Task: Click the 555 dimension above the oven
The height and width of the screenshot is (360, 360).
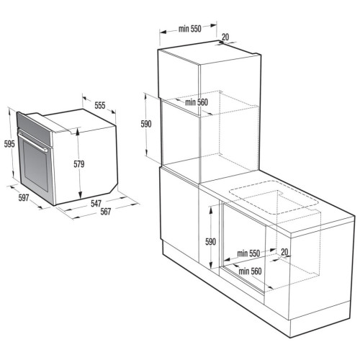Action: coord(100,105)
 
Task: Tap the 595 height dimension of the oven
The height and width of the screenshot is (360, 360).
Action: coord(9,144)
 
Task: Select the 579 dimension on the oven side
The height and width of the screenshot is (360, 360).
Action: coord(79,164)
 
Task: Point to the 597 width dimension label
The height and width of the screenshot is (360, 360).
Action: coord(24,198)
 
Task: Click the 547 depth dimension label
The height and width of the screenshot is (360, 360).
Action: coord(96,204)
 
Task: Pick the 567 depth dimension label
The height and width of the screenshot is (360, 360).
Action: coord(106,212)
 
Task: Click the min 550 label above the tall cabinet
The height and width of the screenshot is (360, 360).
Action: coord(189,29)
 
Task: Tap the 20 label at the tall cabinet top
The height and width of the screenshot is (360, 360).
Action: coord(225,37)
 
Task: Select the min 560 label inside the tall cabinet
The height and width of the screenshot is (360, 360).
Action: coord(197,102)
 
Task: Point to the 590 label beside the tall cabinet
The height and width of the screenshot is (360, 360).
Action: coord(146,124)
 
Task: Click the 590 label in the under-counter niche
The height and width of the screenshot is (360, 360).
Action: coord(210,242)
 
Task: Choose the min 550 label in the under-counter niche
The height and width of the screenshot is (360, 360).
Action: coord(248,253)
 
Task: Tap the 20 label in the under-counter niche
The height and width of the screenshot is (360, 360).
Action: coord(284,252)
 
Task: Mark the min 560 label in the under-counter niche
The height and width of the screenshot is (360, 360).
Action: coord(250,271)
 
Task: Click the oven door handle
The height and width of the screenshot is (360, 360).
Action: coord(33,141)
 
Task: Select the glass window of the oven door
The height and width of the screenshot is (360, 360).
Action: coord(35,166)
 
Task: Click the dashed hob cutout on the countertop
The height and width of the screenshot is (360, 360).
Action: coord(274,197)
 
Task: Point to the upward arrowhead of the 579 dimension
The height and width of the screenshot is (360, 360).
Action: coord(78,132)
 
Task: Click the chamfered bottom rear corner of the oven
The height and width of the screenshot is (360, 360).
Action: coord(113,187)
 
